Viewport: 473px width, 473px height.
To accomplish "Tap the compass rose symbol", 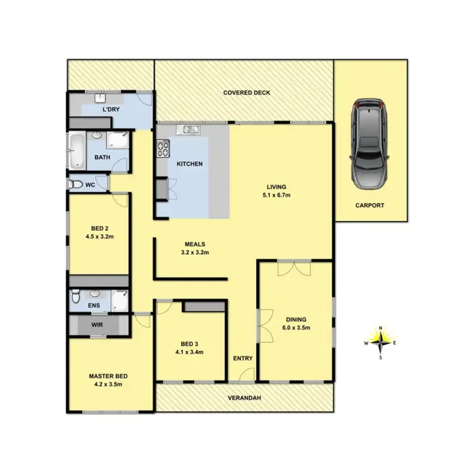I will [x=380, y=342].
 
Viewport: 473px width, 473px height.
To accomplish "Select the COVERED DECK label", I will [x=247, y=93].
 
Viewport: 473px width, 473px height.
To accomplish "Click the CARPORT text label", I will [x=370, y=206].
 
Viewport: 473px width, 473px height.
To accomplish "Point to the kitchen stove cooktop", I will [x=163, y=149].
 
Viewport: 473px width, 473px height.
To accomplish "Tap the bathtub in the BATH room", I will [x=77, y=151].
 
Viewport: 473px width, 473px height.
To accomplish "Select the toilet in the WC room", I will [x=76, y=184].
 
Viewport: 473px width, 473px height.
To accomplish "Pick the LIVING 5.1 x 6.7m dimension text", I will [x=276, y=195].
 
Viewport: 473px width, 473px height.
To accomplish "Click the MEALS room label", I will [x=195, y=244].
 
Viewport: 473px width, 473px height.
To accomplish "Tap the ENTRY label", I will [x=243, y=358].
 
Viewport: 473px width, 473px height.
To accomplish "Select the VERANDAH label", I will [x=243, y=399].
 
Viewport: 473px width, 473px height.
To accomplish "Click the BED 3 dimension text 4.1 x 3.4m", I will [x=190, y=352].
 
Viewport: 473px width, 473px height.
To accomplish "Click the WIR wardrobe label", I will [x=98, y=325].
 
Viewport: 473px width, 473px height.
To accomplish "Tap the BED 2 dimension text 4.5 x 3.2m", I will [x=98, y=237].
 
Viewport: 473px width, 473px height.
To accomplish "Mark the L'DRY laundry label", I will [x=111, y=109].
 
